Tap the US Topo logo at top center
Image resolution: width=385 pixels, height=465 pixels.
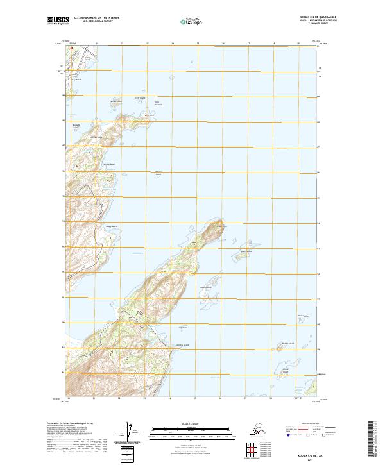point(193,21)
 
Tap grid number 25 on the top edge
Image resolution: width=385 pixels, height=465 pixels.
point(198,44)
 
